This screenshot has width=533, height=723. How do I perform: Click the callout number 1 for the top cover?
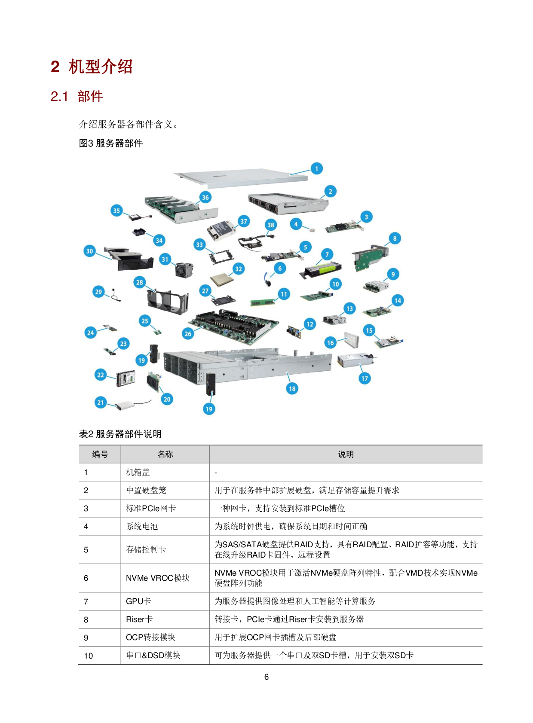(317, 169)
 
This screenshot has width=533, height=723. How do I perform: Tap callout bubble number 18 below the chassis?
(292, 389)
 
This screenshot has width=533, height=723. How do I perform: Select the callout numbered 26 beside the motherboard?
(188, 334)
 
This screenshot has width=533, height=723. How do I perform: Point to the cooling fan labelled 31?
(184, 269)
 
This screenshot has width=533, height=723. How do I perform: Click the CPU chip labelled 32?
(222, 279)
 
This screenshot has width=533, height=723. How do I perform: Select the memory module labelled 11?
(263, 302)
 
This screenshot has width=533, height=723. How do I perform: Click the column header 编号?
(100, 455)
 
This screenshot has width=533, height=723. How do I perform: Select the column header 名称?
(165, 455)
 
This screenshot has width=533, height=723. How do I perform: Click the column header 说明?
(346, 455)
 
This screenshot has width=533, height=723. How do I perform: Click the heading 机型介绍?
(101, 67)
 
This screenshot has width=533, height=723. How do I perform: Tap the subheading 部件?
(90, 96)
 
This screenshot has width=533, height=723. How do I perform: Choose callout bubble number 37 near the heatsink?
(244, 222)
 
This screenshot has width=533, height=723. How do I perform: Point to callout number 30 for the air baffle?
(89, 251)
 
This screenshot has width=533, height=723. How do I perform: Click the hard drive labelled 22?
(126, 378)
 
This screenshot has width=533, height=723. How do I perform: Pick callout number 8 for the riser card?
(395, 239)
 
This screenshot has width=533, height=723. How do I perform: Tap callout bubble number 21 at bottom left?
(101, 403)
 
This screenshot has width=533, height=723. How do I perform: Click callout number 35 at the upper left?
(116, 211)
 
